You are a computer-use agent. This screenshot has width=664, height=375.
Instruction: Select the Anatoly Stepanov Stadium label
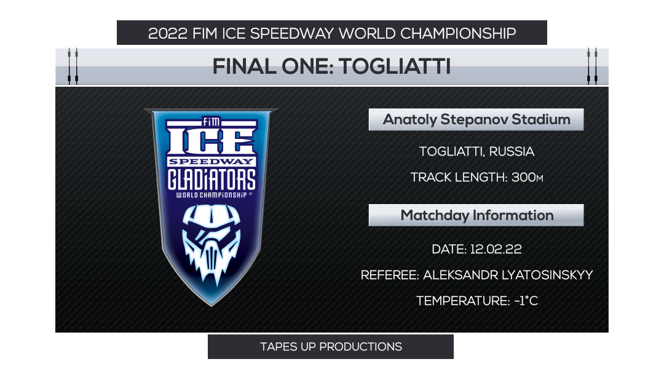[476, 119]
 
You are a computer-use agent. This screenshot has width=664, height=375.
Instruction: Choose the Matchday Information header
[476, 215]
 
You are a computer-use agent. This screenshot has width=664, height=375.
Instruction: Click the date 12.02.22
[496, 250]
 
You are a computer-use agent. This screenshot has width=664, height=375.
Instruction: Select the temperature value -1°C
[526, 301]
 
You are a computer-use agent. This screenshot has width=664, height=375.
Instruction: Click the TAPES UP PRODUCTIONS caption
[331, 347]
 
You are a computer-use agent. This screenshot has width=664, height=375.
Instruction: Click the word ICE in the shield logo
[211, 140]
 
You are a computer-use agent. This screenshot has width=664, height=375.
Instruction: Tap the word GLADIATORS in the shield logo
[211, 179]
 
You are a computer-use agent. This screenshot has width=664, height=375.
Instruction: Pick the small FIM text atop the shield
[211, 121]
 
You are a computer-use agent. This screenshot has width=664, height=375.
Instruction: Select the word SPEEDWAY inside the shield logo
[211, 161]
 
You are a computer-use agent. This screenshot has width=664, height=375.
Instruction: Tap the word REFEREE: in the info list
[389, 275]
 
